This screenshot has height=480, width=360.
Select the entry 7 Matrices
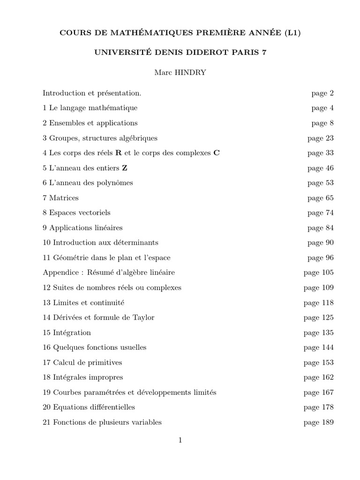pyautogui.click(x=60, y=198)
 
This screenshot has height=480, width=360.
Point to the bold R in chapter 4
pyautogui.click(x=119, y=153)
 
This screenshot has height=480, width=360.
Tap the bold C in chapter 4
pyautogui.click(x=216, y=153)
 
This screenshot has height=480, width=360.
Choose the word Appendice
pyautogui.click(x=59, y=273)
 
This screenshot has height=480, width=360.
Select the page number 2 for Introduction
pyautogui.click(x=331, y=93)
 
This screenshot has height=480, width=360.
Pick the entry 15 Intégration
pyautogui.click(x=67, y=333)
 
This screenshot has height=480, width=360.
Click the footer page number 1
pyautogui.click(x=180, y=440)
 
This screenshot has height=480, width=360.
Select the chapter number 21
pyautogui.click(x=46, y=422)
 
